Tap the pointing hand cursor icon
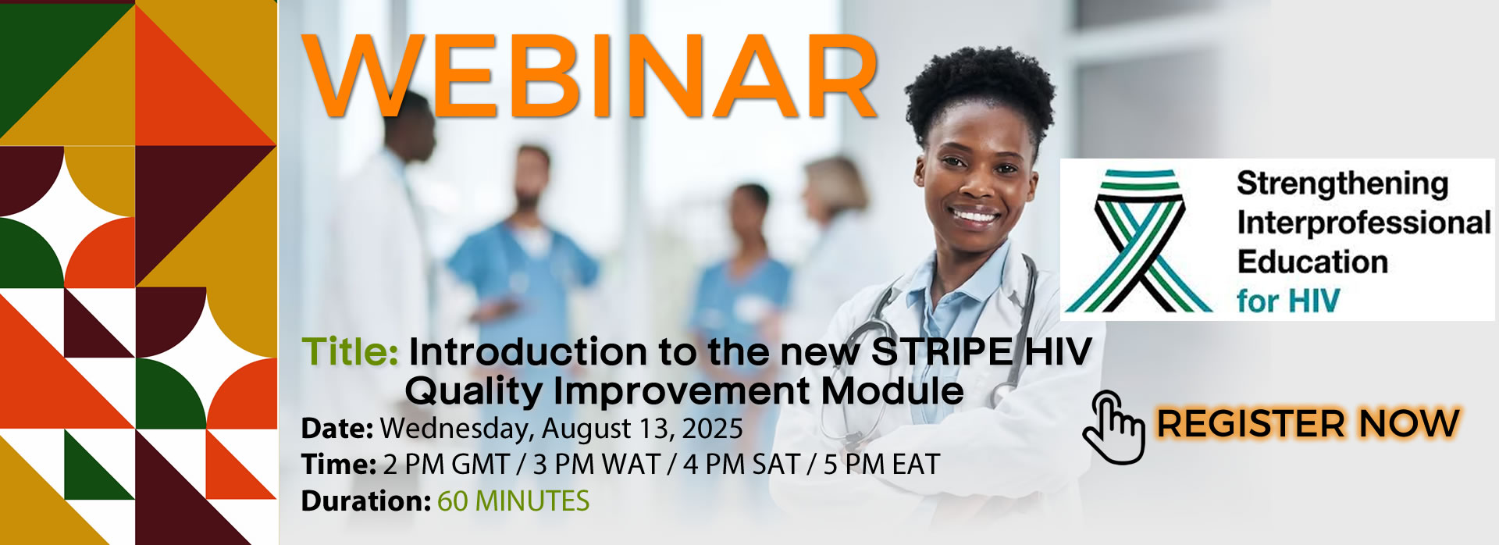pyautogui.click(x=1113, y=427)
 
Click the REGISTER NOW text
pyautogui.click(x=1308, y=424)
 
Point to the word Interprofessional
pyautogui.click(x=1364, y=223)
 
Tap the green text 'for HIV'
pyautogui.click(x=1288, y=301)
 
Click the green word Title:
pyautogui.click(x=350, y=352)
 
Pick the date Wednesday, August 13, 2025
pyautogui.click(x=561, y=429)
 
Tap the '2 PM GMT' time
pyautogui.click(x=447, y=465)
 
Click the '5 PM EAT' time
pyautogui.click(x=881, y=465)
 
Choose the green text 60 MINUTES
pyautogui.click(x=513, y=500)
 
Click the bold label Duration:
pyautogui.click(x=365, y=500)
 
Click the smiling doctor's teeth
pyautogui.click(x=974, y=215)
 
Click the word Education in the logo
pyautogui.click(x=1312, y=262)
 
